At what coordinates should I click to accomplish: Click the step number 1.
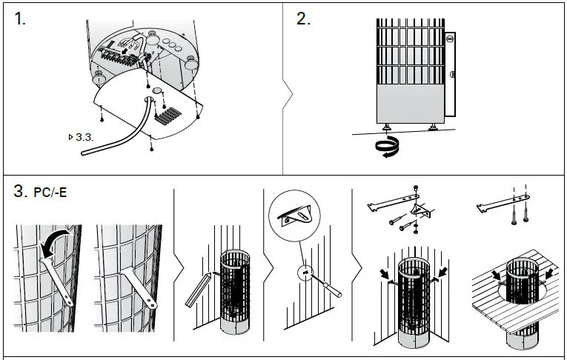click(x=19, y=20)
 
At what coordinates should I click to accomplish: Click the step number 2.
click(x=303, y=19)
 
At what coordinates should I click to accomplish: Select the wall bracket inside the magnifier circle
click(x=296, y=217)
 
